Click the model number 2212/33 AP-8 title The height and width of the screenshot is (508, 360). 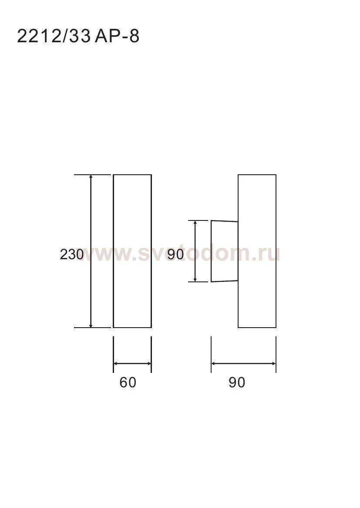point(78,36)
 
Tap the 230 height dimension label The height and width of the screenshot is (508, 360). point(71,254)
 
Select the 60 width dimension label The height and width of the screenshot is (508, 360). point(128,383)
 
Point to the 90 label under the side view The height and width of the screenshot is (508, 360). point(237,383)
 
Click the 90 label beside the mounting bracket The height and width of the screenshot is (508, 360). point(176,254)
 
